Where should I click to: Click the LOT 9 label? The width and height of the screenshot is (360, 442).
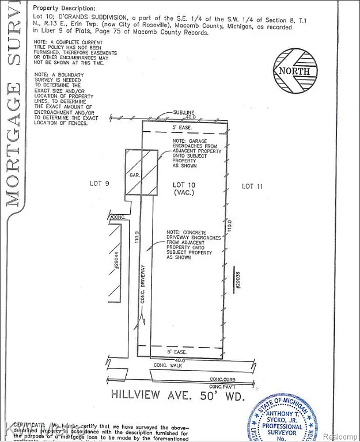tap(100, 184)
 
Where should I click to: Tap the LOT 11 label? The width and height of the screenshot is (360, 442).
tap(256, 185)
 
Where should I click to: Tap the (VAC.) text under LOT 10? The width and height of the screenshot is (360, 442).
tap(185, 193)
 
